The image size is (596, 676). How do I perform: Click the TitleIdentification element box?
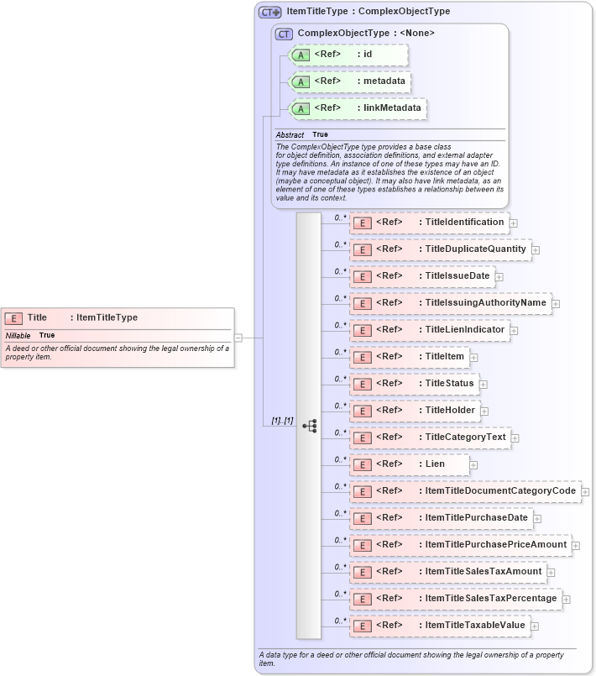pyautogui.click(x=429, y=223)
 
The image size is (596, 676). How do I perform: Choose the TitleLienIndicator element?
pyautogui.click(x=429, y=330)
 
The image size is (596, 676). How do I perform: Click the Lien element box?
pyautogui.click(x=410, y=464)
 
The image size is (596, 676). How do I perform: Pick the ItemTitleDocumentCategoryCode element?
pyautogui.click(x=465, y=491)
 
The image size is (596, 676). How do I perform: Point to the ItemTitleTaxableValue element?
pyautogui.click(x=439, y=626)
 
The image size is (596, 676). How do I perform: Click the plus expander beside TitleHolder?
pyautogui.click(x=484, y=411)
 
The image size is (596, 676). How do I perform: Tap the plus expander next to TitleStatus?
pyautogui.click(x=484, y=385)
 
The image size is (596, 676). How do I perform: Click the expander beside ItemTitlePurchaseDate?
pyautogui.click(x=537, y=519)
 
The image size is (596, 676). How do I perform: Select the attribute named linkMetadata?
pyautogui.click(x=358, y=108)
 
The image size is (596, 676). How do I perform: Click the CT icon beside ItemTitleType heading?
pyautogui.click(x=269, y=12)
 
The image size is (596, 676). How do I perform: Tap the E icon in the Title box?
pyautogui.click(x=13, y=318)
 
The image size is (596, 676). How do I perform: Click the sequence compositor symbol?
pyautogui.click(x=309, y=425)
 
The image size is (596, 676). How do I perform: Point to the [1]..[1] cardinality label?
pyautogui.click(x=282, y=420)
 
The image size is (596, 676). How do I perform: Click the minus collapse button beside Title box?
pyautogui.click(x=238, y=338)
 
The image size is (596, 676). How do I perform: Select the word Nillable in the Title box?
pyautogui.click(x=18, y=335)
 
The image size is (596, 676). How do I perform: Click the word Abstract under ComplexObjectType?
pyautogui.click(x=290, y=134)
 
